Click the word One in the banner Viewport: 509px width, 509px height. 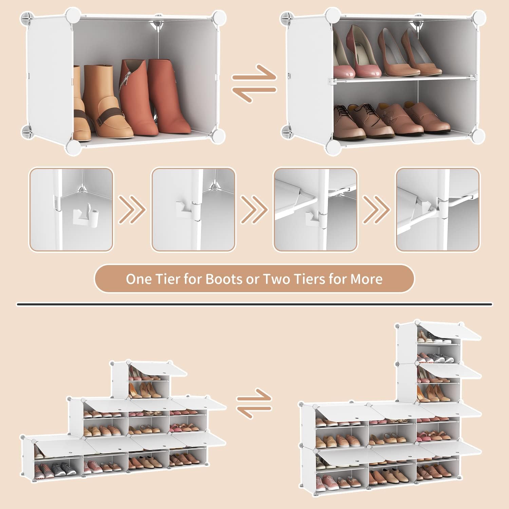[139, 279]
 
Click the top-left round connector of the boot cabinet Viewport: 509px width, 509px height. [73, 16]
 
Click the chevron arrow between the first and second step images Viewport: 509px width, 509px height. [132, 209]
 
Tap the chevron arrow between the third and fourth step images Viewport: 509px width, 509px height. [376, 209]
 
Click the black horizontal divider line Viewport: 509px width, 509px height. [254, 304]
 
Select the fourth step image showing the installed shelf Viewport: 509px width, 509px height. [438, 209]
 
